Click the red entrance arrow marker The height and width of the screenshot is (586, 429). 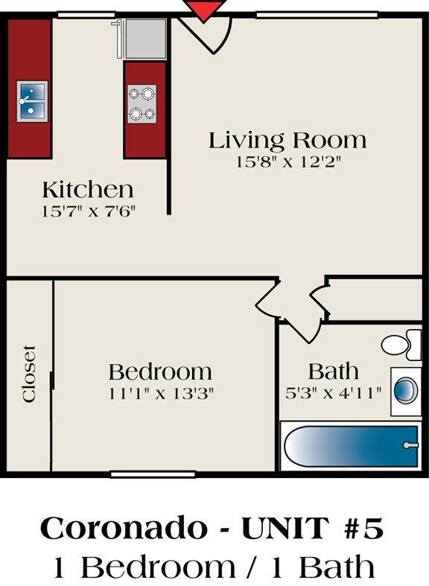click(204, 10)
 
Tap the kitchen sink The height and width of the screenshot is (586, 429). click(32, 101)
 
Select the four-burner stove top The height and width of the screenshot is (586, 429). click(142, 104)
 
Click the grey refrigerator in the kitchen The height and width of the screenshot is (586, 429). click(146, 39)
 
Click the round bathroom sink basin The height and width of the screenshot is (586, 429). click(406, 390)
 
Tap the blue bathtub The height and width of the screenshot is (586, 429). click(351, 446)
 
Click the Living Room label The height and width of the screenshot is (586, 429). click(287, 141)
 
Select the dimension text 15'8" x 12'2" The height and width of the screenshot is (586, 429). click(288, 162)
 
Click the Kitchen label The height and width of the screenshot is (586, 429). click(88, 189)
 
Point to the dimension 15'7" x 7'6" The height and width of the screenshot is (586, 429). click(88, 211)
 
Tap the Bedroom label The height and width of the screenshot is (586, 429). click(160, 372)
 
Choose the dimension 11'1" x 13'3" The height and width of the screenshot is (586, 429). click(161, 394)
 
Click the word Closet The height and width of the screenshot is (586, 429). click(29, 374)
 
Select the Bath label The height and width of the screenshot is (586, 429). click(334, 372)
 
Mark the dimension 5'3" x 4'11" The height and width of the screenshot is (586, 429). click(334, 393)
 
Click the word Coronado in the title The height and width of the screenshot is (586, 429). click(124, 528)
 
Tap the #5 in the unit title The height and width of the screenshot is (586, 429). click(363, 528)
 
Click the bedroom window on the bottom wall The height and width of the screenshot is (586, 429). click(153, 474)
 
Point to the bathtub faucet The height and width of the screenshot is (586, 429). click(410, 445)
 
